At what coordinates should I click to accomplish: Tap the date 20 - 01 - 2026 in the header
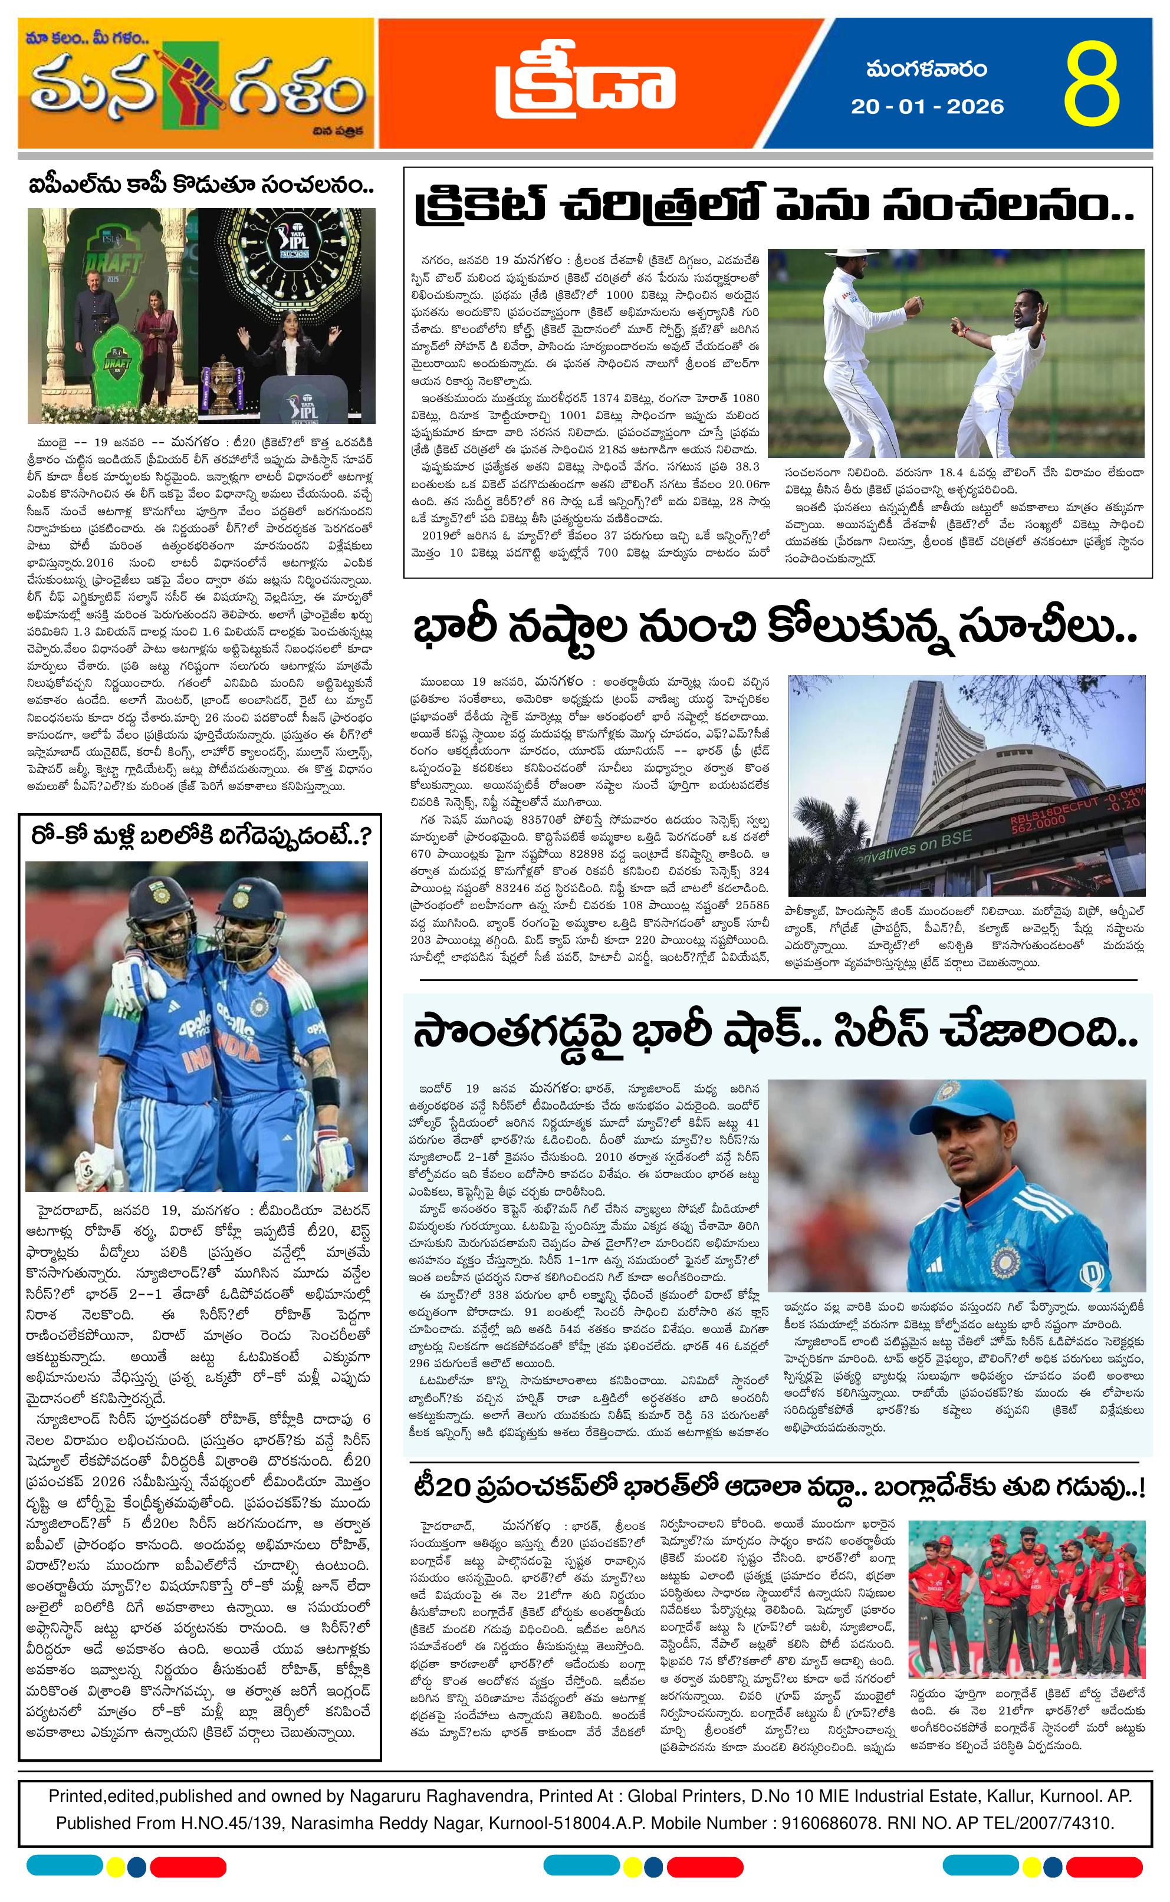pos(927,106)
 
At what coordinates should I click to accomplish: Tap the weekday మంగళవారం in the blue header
pos(927,70)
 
